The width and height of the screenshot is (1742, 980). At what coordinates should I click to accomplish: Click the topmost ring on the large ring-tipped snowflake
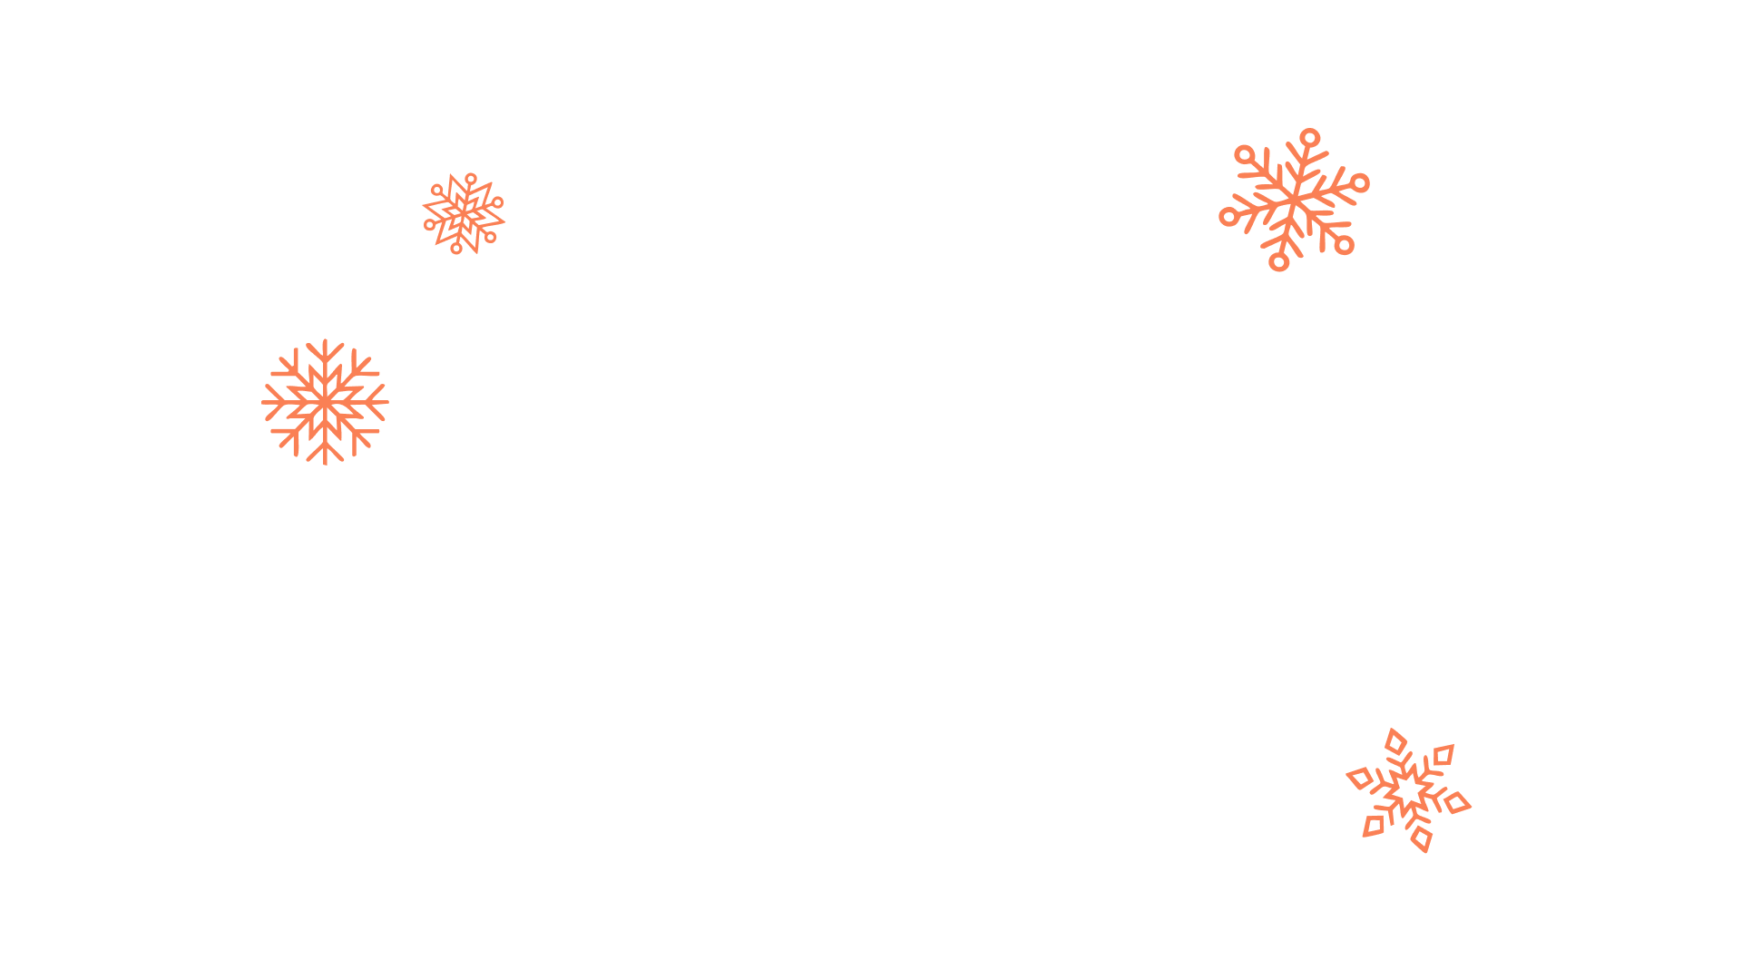tap(1309, 138)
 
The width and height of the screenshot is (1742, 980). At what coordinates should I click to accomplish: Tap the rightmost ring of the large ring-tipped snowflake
tap(1360, 183)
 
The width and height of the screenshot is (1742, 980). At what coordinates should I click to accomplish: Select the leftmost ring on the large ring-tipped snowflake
tap(1228, 217)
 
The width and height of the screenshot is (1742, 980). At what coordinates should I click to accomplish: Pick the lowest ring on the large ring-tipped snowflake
tap(1279, 261)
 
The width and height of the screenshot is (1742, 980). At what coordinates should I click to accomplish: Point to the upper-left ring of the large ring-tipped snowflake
tap(1245, 154)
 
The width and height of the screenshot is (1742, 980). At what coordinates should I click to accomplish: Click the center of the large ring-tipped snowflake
tap(1295, 199)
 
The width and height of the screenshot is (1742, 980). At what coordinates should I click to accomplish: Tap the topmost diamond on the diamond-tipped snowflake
tap(1396, 742)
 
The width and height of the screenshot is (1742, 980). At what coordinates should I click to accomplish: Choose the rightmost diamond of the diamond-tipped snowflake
tap(1457, 803)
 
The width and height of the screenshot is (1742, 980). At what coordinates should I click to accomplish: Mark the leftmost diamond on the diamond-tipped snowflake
tap(1360, 778)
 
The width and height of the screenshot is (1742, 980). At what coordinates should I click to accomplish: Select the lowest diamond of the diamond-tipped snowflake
tap(1422, 838)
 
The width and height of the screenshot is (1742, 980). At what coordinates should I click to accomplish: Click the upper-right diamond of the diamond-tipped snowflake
tap(1444, 755)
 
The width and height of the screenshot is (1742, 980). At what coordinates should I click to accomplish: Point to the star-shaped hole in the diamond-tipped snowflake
tap(1409, 790)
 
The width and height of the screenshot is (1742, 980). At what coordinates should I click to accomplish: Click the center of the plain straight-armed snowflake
tap(325, 402)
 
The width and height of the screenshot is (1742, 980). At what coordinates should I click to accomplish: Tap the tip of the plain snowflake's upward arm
tap(325, 341)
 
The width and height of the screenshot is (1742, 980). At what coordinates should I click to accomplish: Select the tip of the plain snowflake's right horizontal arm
tap(387, 402)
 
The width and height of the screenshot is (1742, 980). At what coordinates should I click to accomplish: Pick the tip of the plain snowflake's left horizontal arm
tap(264, 402)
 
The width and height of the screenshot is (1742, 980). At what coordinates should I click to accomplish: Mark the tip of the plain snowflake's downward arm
tap(325, 464)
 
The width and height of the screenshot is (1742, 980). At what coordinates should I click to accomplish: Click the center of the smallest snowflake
tap(464, 213)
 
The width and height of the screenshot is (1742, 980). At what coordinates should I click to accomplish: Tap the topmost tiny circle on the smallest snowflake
tap(470, 179)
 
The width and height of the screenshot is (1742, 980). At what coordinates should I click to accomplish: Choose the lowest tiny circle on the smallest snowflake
tap(456, 248)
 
